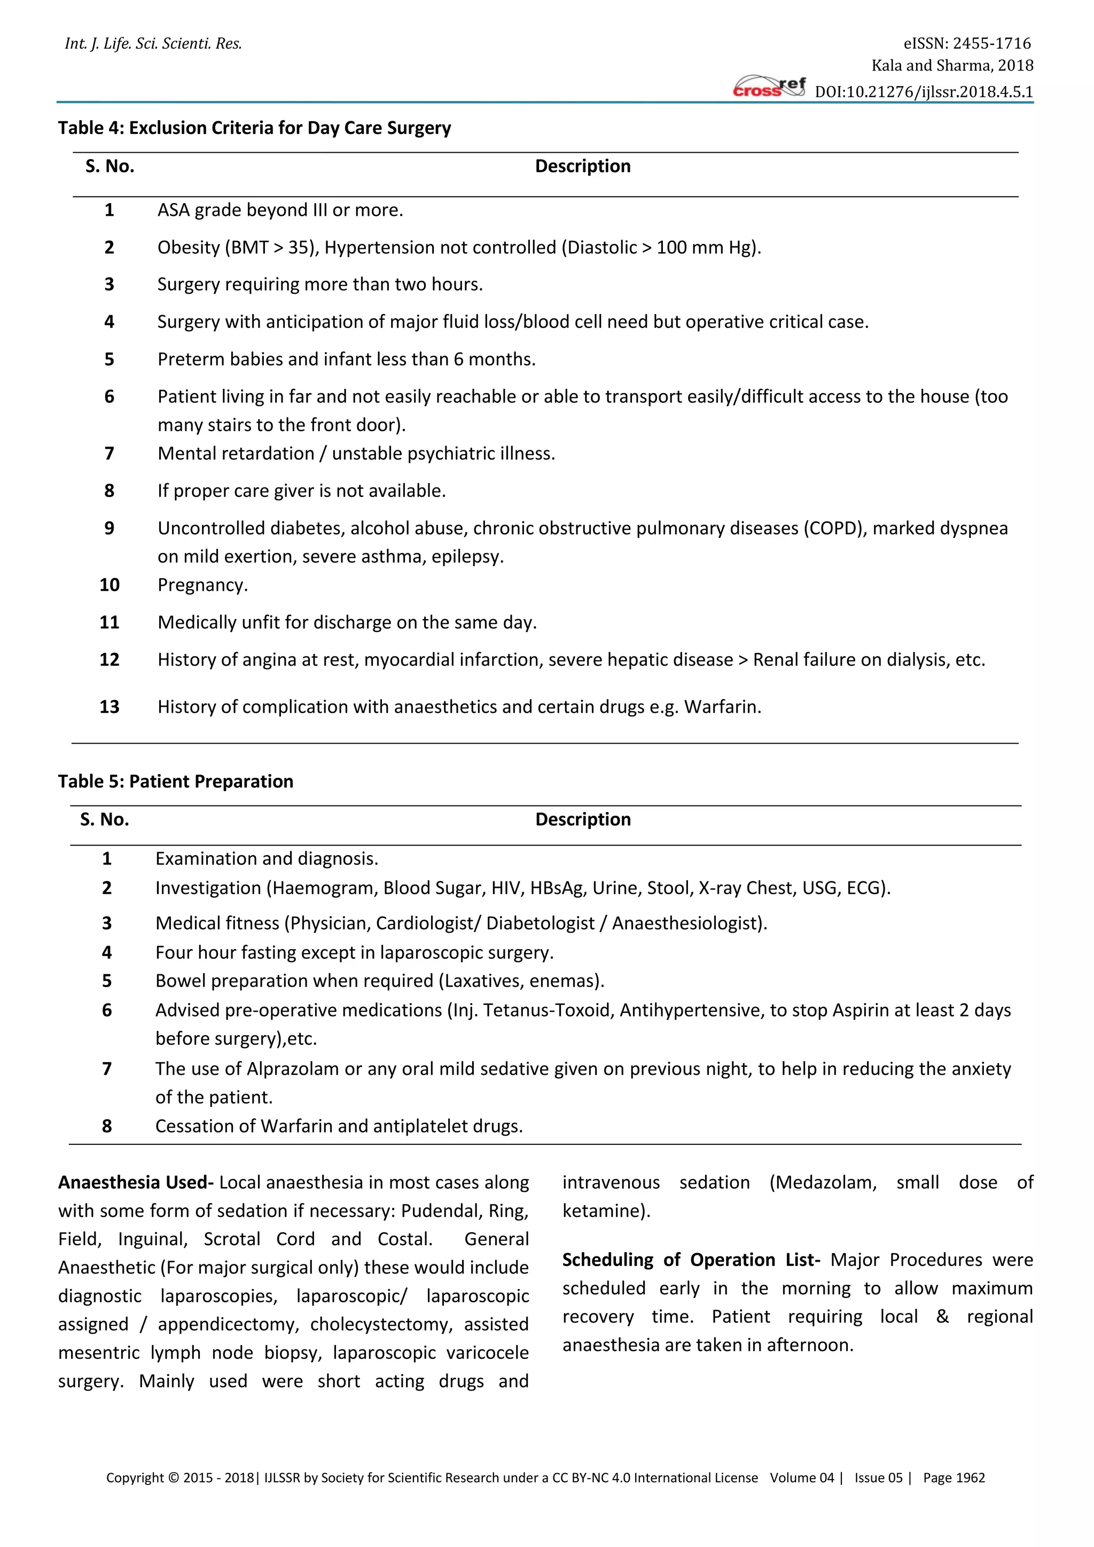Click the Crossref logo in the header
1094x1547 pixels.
point(769,88)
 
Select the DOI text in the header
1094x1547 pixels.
point(924,92)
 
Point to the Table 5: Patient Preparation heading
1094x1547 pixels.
point(175,781)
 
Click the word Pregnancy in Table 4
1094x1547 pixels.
point(202,585)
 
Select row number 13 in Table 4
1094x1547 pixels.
point(109,707)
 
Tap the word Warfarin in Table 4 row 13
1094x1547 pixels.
point(722,707)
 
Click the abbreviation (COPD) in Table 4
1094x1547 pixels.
point(833,528)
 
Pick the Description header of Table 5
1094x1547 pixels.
point(583,819)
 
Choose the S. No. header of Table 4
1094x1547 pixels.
point(110,167)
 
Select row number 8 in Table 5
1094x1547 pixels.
point(106,1126)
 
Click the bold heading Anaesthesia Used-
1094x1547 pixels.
point(135,1183)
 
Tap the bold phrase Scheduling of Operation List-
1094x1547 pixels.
point(691,1260)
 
